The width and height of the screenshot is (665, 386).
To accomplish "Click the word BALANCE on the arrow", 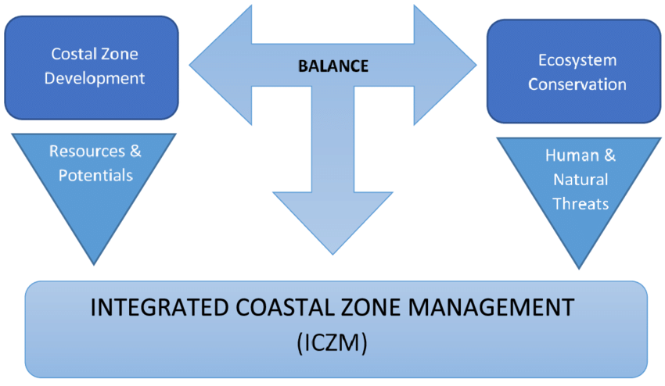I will pos(332,66).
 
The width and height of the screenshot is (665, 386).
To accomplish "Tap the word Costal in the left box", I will pos(71,54).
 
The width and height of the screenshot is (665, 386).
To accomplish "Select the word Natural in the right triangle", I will pos(580,179).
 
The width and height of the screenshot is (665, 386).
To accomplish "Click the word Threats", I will pos(580,203).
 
